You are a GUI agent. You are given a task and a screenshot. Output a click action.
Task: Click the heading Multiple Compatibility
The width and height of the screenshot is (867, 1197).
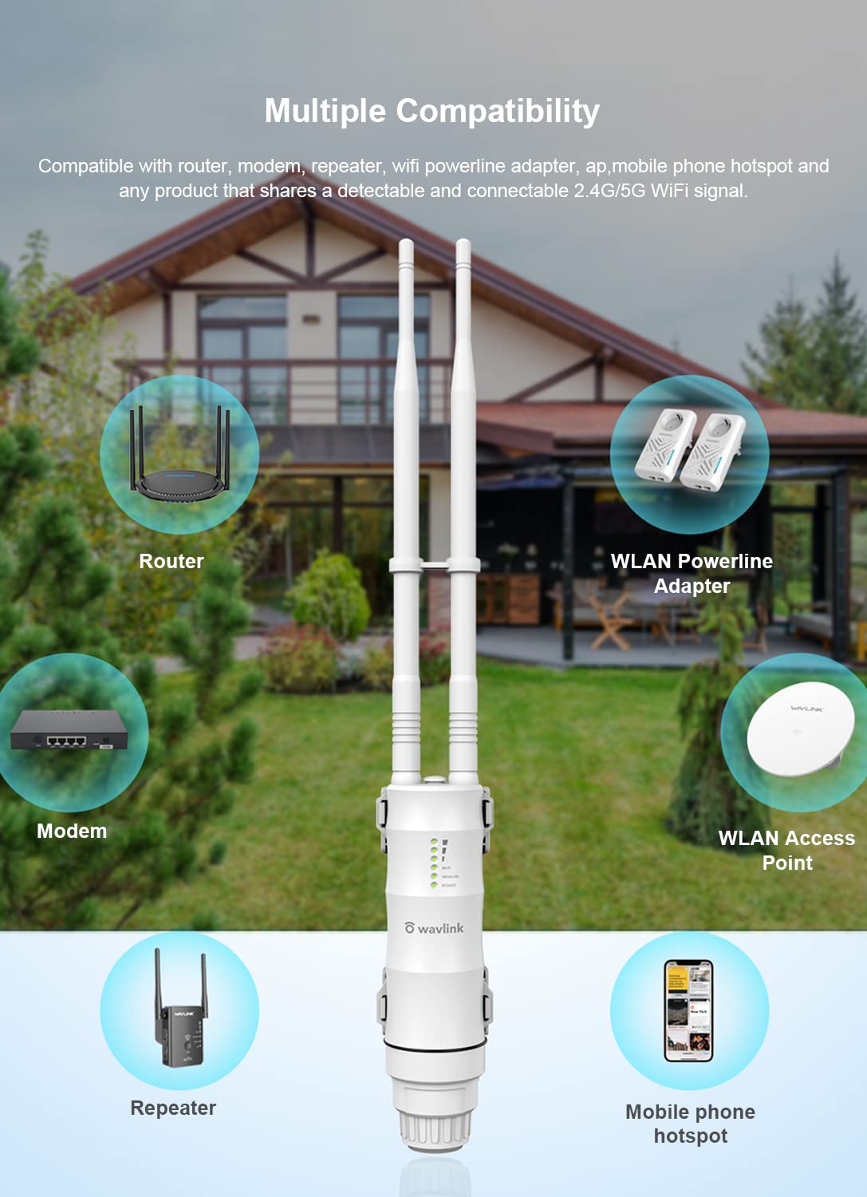tap(432, 112)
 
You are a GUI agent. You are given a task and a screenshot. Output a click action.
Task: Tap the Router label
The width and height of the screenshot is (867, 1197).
tap(171, 561)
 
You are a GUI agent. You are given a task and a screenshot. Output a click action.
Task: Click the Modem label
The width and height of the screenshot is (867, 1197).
tap(72, 831)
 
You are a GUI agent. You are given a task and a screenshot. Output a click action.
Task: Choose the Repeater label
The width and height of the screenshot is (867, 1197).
tap(173, 1108)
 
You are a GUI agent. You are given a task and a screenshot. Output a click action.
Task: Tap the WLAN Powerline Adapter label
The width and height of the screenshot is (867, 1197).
tap(692, 574)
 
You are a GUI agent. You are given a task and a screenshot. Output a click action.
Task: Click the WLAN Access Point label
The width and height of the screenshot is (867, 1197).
tap(786, 850)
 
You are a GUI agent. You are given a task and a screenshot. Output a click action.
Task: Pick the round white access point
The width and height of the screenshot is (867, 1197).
tap(801, 729)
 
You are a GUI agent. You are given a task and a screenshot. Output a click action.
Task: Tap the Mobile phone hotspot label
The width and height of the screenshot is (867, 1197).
tap(691, 1124)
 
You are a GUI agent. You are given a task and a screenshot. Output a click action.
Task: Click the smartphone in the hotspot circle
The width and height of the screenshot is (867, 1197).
tap(689, 1010)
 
